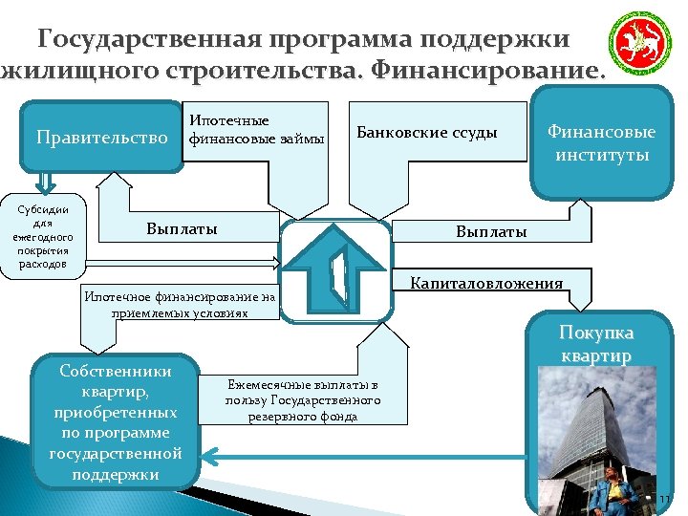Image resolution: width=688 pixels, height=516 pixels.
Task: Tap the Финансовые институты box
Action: pyautogui.click(x=601, y=142)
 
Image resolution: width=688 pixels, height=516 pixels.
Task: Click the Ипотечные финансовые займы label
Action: pyautogui.click(x=256, y=130)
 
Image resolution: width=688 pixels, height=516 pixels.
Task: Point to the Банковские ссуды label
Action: pyautogui.click(x=426, y=132)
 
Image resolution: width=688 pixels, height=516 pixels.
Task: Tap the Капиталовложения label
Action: pyautogui.click(x=486, y=283)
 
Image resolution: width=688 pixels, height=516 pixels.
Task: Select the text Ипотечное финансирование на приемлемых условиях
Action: pyautogui.click(x=180, y=304)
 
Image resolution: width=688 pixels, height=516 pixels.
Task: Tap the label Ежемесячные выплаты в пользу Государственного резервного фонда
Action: pyautogui.click(x=303, y=399)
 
